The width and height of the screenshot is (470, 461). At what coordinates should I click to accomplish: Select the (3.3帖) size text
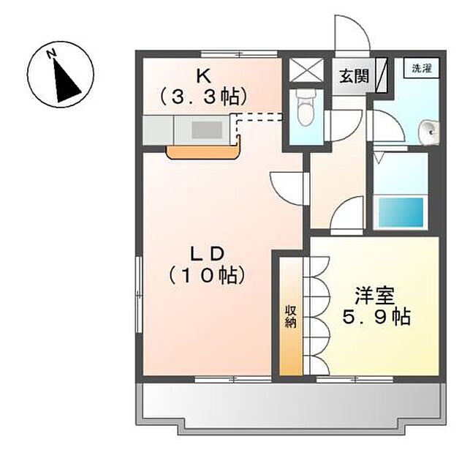click(x=203, y=95)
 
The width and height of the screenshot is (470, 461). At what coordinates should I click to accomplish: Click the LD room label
click(x=205, y=254)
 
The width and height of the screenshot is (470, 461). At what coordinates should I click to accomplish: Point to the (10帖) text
click(x=205, y=276)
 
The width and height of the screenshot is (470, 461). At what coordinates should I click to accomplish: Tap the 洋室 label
click(x=375, y=296)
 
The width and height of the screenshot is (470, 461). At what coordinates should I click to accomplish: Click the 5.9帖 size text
click(x=376, y=317)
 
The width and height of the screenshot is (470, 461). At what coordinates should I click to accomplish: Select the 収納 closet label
click(x=290, y=316)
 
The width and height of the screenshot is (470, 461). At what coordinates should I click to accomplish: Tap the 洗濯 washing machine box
click(x=421, y=69)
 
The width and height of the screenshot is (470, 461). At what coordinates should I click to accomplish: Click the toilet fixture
click(x=305, y=110)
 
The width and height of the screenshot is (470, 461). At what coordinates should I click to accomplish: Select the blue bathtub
click(x=400, y=211)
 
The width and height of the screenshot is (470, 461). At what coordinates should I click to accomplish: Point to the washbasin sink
click(x=429, y=132)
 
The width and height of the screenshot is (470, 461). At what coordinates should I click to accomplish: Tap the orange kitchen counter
click(x=204, y=151)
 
